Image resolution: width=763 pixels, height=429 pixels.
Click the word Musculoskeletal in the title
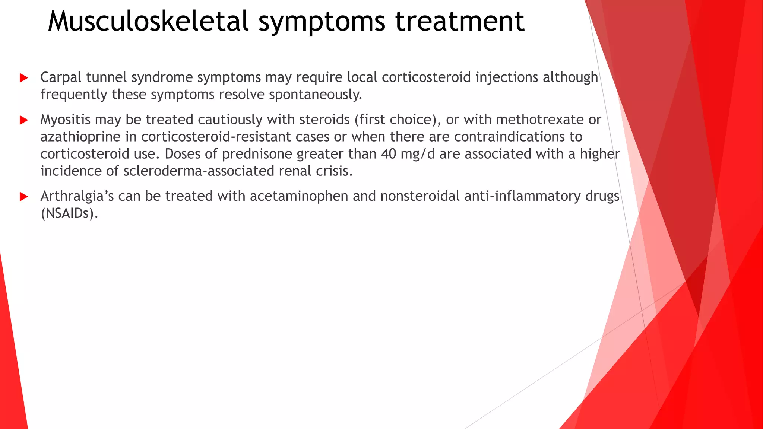pyautogui.click(x=148, y=21)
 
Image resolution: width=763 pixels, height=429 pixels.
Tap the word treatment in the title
pyautogui.click(x=459, y=21)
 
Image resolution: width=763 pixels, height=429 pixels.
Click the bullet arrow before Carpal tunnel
pyautogui.click(x=24, y=78)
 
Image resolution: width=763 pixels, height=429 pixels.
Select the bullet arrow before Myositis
pyautogui.click(x=24, y=120)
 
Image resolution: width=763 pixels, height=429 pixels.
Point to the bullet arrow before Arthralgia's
pyautogui.click(x=24, y=197)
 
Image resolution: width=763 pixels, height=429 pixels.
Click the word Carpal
pyautogui.click(x=61, y=77)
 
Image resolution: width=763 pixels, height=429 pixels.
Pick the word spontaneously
pyautogui.click(x=315, y=95)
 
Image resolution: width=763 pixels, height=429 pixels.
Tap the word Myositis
pyautogui.click(x=65, y=120)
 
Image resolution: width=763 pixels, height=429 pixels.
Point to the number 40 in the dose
pyautogui.click(x=389, y=154)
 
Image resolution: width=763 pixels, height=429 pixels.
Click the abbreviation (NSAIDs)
pyautogui.click(x=69, y=213)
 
